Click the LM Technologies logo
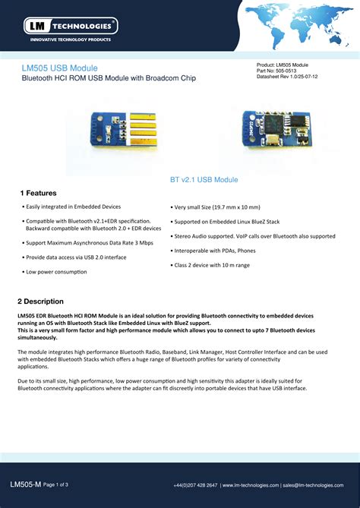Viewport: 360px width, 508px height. point(71,25)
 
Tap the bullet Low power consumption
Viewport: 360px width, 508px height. point(55,271)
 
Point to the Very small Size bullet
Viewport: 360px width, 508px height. point(216,207)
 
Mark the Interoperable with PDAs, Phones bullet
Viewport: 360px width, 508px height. point(215,250)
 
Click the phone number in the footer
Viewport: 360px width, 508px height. point(195,484)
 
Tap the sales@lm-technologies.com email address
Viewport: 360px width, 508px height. point(314,484)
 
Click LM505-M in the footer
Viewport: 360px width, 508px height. point(26,484)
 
